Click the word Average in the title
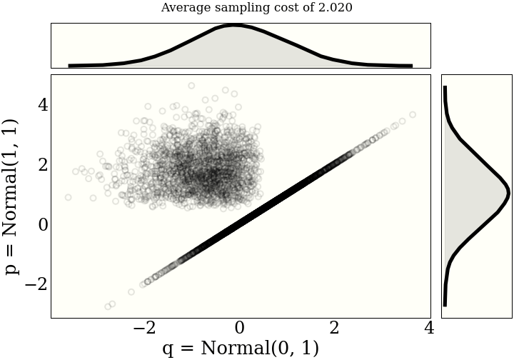[185, 8]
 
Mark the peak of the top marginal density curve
[234, 26]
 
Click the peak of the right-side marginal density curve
[508, 193]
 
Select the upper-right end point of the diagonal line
[413, 114]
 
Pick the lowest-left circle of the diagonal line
[108, 306]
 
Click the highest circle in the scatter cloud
[191, 86]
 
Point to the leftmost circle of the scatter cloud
[69, 197]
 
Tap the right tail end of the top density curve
[412, 66]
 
